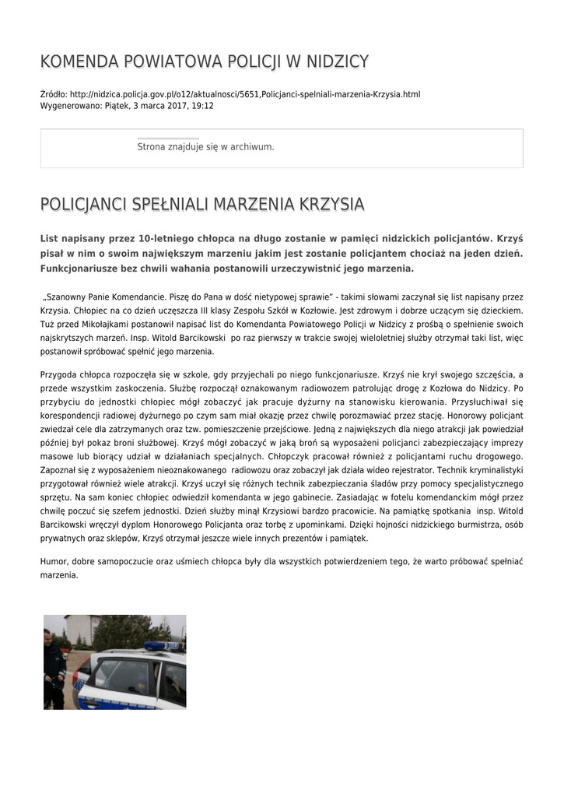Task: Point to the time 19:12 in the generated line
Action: pyautogui.click(x=203, y=105)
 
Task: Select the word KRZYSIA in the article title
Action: pyautogui.click(x=332, y=205)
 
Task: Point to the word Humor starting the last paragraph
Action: pyautogui.click(x=53, y=561)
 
